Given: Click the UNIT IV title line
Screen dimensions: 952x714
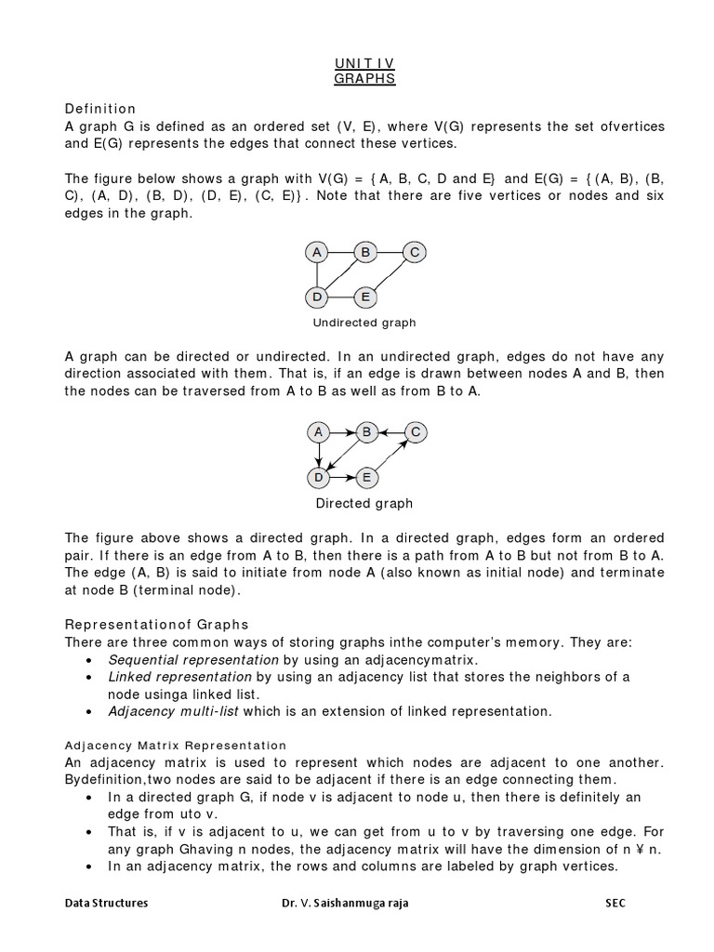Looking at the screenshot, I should pyautogui.click(x=364, y=63).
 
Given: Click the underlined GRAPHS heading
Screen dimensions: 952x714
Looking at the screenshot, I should pyautogui.click(x=364, y=79).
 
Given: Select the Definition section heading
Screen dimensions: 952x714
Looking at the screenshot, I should pyautogui.click(x=100, y=109).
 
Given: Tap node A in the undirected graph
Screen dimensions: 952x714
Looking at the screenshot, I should pyautogui.click(x=317, y=252).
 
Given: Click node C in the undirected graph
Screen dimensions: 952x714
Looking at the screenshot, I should pyautogui.click(x=415, y=252).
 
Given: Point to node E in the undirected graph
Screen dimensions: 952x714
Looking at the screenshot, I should pyautogui.click(x=365, y=297).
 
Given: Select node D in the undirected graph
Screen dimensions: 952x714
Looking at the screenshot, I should pyautogui.click(x=317, y=297).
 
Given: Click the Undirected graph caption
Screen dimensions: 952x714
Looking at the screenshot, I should pyautogui.click(x=364, y=324).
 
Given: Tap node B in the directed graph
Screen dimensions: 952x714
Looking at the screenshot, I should pyautogui.click(x=366, y=432).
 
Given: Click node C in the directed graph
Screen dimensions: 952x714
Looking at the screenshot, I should pyautogui.click(x=415, y=432).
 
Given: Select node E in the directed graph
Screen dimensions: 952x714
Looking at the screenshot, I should pyautogui.click(x=365, y=478).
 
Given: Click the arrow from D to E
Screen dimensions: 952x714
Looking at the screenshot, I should pyautogui.click(x=341, y=478).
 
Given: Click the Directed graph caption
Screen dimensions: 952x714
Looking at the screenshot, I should pyautogui.click(x=364, y=504).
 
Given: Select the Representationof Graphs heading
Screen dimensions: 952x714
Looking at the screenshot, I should pyautogui.click(x=155, y=623).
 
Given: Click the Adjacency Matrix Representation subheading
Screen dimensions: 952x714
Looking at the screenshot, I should pyautogui.click(x=176, y=746).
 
